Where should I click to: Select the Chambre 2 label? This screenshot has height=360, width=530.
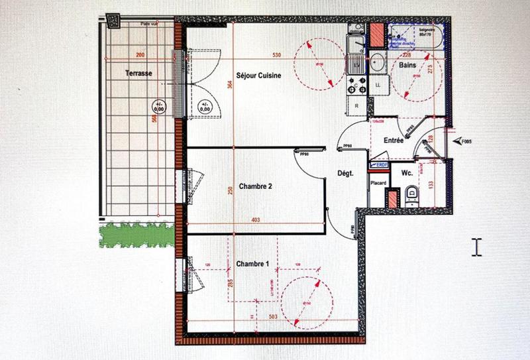pos(256,187)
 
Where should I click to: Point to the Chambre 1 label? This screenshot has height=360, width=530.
pos(252,264)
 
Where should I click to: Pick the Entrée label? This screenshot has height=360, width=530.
pos(395,141)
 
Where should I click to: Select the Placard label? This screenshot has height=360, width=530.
pos(378,183)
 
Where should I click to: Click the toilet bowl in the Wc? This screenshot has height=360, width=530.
pos(411,194)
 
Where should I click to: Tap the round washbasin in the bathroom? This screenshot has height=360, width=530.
pos(378,64)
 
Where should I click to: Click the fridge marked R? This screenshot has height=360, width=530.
pos(356,105)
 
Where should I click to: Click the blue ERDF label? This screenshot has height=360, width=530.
pos(382,164)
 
